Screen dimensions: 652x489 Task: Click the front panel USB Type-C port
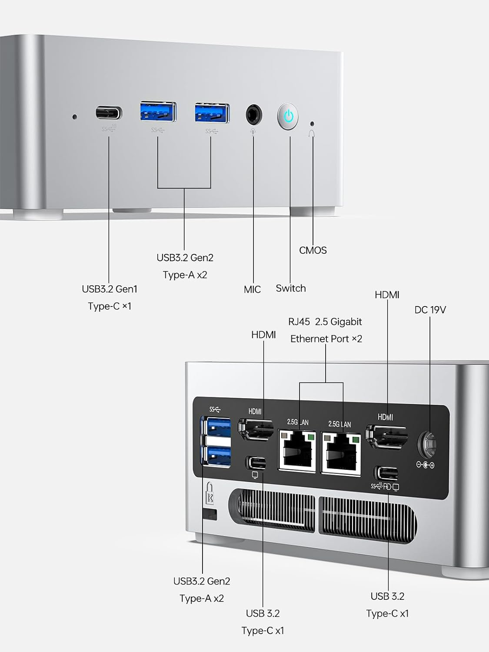pos(109,114)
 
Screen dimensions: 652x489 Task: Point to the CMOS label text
pos(313,250)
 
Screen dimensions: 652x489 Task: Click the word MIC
pos(252,289)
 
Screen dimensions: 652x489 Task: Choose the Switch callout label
pos(291,288)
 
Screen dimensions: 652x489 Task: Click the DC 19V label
pos(430,310)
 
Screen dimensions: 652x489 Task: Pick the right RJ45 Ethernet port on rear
pos(341,452)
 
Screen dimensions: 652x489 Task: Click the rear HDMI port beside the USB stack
pos(256,429)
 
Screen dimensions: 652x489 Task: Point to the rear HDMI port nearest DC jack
pos(386,436)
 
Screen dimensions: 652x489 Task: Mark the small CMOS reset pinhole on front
pos(312,123)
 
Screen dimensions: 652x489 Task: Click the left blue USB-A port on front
pos(158,112)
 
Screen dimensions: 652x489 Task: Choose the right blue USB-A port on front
pos(212,113)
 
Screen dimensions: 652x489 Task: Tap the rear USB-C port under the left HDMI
pos(256,462)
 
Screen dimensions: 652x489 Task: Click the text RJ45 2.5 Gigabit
pos(325,322)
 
